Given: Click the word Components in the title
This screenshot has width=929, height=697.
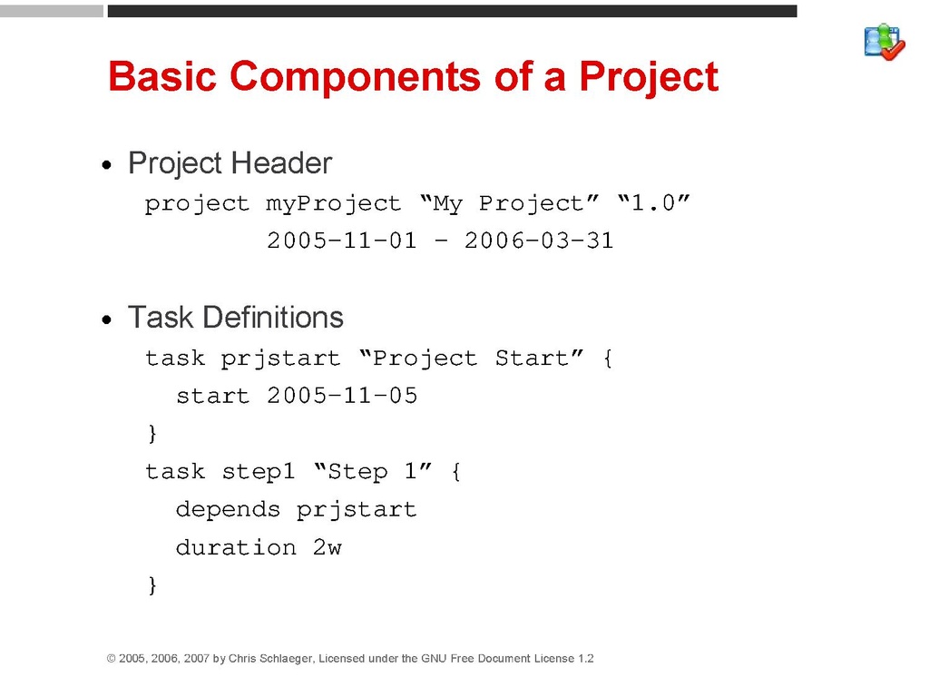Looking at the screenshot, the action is [355, 76].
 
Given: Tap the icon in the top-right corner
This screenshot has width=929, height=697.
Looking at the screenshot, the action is [885, 42].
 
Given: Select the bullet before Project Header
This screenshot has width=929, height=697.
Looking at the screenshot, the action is [107, 165].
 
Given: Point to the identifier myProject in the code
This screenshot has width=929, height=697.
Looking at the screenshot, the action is [333, 204].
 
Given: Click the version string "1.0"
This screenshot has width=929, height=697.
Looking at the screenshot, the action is [653, 202].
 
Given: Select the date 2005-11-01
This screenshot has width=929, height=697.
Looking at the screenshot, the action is [342, 241].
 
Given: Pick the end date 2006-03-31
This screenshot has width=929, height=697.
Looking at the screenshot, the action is [539, 241].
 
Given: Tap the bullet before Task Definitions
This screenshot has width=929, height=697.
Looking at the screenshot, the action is [107, 320].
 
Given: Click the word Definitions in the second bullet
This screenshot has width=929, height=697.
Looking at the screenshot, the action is [273, 317].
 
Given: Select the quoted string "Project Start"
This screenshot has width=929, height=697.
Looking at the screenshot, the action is [472, 358].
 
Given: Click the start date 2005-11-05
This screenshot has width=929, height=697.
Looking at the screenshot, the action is [342, 396].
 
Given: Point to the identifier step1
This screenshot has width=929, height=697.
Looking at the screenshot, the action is [259, 472].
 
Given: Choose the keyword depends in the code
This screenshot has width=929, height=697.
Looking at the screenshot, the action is [228, 510].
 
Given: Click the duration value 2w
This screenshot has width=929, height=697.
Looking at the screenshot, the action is [327, 547].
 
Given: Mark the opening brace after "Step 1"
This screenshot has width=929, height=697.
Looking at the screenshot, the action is [455, 472].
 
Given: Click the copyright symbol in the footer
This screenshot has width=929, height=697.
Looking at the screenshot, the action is [111, 659].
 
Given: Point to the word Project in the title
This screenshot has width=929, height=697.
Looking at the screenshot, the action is [649, 77].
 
